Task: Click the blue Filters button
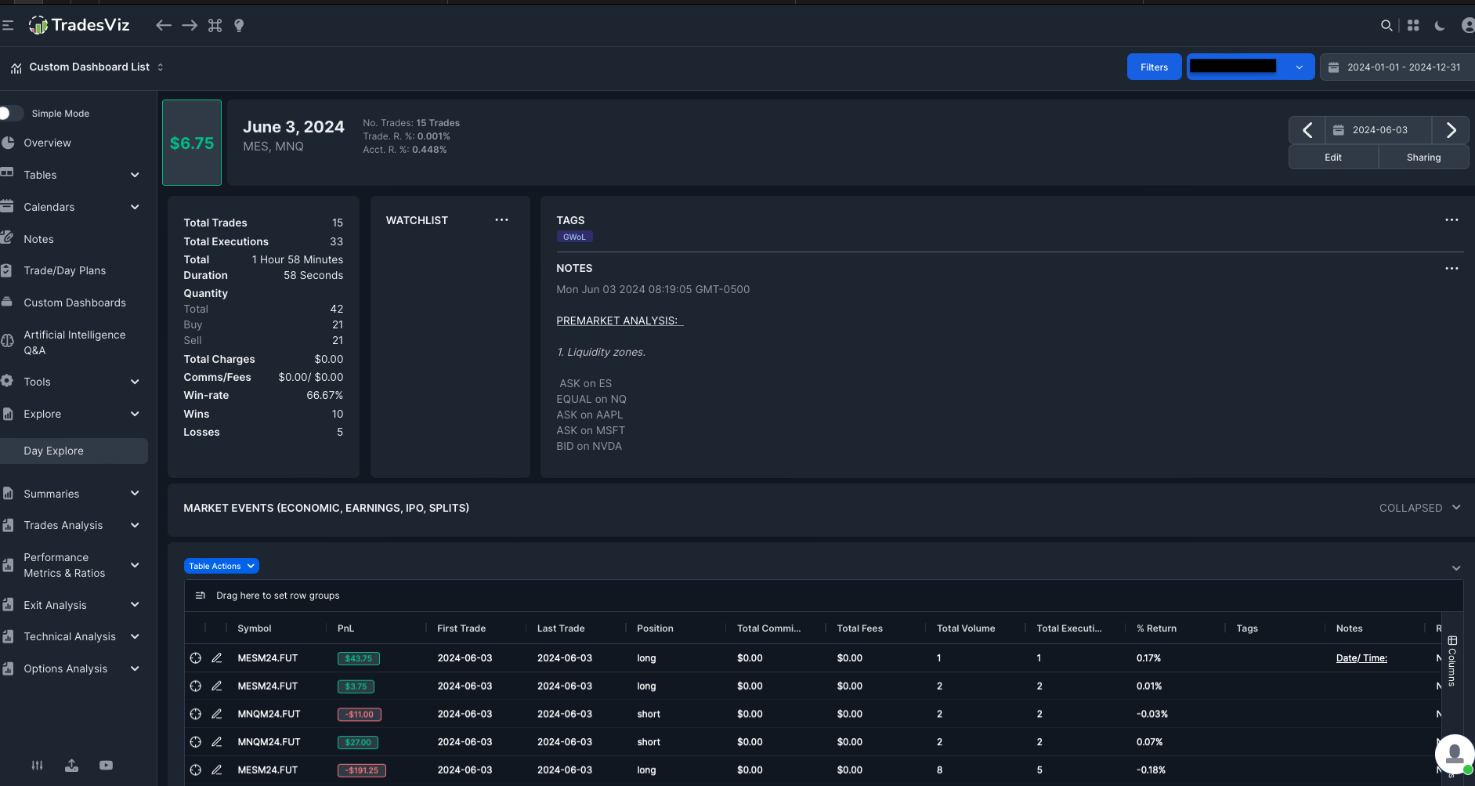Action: click(1154, 67)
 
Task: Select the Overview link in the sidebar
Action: click(47, 143)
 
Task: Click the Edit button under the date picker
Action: click(1333, 158)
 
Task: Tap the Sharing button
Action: click(1423, 158)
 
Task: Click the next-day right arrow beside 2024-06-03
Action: click(1451, 130)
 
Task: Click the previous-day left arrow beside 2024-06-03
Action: click(1307, 130)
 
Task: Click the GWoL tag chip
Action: click(574, 237)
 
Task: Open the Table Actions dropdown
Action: click(222, 566)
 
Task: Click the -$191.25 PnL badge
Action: click(362, 770)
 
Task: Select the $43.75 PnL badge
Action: click(359, 658)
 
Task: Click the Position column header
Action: click(655, 628)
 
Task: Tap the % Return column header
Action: click(1156, 628)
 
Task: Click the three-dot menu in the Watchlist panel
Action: click(501, 220)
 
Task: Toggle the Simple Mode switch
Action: click(11, 114)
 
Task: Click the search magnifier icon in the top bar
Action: click(1386, 26)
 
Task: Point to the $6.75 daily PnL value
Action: click(192, 143)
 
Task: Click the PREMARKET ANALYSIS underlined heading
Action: click(620, 321)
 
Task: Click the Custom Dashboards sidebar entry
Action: click(74, 302)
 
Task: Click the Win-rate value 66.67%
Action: click(324, 396)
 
